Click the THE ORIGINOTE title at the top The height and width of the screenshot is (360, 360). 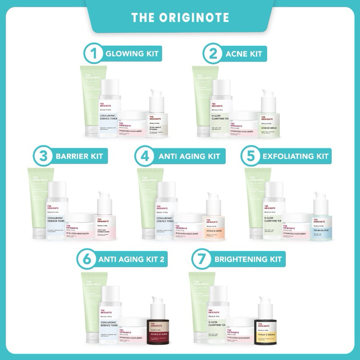[180, 17]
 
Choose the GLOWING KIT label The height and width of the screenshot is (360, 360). [130, 54]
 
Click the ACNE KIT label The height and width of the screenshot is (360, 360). [245, 54]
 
